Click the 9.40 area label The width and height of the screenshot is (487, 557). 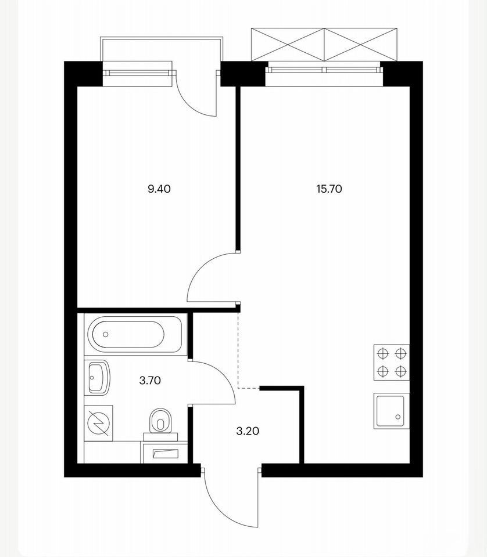click(x=159, y=189)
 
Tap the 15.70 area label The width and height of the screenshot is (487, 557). click(x=329, y=189)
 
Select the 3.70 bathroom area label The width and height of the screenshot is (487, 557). click(x=150, y=381)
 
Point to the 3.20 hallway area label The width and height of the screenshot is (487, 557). click(x=248, y=431)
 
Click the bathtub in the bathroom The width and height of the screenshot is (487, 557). click(x=135, y=334)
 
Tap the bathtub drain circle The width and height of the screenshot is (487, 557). click(x=105, y=334)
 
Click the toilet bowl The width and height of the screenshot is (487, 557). click(x=160, y=421)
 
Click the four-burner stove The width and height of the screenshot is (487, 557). click(x=391, y=362)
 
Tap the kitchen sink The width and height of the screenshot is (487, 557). click(x=391, y=411)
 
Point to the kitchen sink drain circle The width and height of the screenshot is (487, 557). click(x=398, y=417)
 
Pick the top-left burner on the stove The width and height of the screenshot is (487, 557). click(x=382, y=353)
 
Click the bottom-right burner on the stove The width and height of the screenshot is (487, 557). click(x=400, y=371)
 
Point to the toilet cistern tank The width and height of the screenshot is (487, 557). click(x=160, y=436)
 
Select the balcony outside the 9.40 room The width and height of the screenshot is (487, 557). click(x=162, y=49)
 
